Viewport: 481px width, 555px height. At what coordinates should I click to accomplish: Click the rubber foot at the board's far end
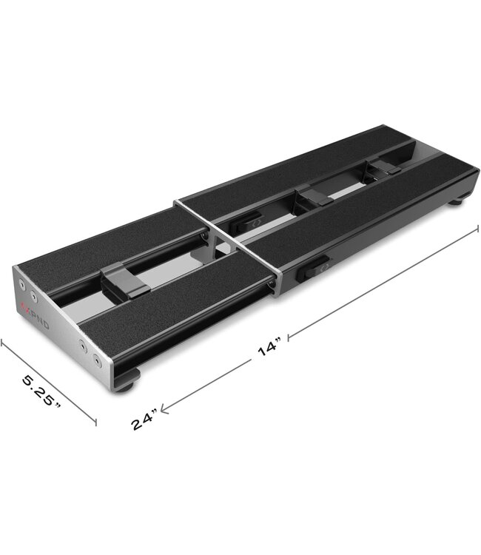point(458,199)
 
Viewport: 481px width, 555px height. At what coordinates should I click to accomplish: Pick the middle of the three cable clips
point(315,197)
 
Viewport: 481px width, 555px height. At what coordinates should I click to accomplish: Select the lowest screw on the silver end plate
point(96,362)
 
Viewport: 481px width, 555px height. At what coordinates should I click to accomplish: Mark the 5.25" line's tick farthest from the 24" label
point(3,341)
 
